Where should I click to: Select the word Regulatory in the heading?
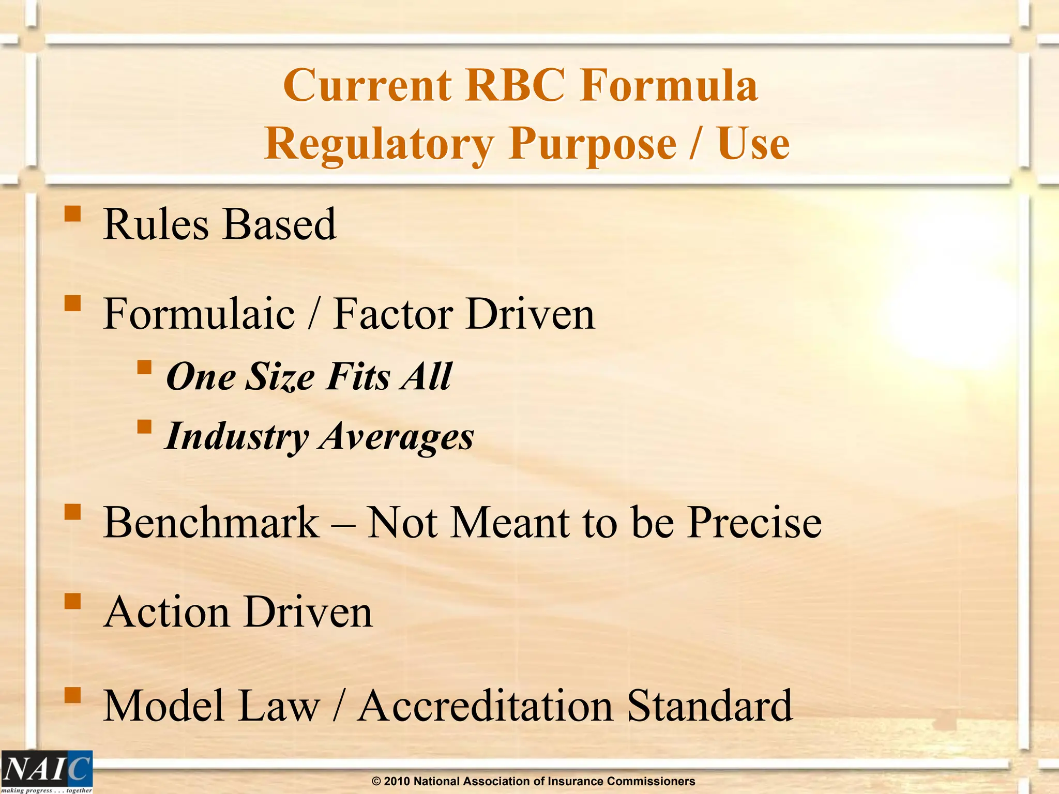click(379, 144)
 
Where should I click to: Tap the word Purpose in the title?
click(593, 144)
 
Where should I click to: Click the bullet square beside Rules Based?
click(73, 214)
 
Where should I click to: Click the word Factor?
click(392, 314)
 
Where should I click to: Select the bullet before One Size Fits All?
click(144, 368)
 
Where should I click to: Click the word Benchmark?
click(211, 523)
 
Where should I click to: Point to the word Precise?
click(754, 523)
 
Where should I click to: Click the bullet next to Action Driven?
click(73, 602)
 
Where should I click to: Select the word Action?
click(167, 612)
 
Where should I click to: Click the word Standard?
click(709, 706)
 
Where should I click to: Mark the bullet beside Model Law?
click(73, 695)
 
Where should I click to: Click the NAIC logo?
click(47, 771)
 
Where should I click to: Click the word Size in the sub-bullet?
click(279, 377)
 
